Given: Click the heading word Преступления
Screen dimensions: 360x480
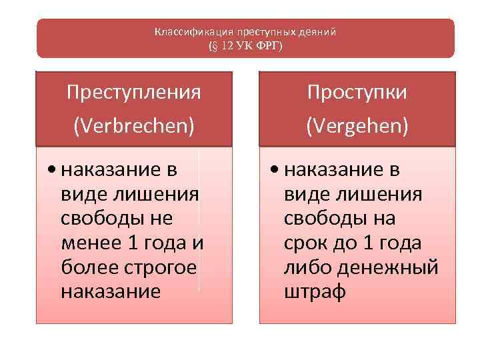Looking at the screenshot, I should click(134, 91).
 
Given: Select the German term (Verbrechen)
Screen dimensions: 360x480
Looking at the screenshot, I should click(134, 125).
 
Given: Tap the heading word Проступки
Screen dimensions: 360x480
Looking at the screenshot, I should click(356, 91).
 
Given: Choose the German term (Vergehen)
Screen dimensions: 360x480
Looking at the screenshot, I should click(356, 125).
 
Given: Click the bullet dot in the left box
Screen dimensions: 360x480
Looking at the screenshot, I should click(51, 171).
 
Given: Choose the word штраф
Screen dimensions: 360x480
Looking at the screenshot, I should click(315, 291).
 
